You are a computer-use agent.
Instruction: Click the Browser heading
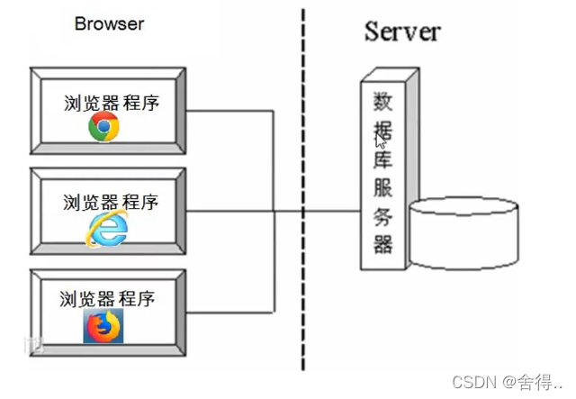[108, 24]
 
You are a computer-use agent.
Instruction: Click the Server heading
[402, 32]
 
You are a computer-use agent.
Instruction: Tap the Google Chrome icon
[103, 128]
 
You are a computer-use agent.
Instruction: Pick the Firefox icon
[103, 326]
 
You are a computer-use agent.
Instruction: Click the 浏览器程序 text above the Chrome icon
[111, 102]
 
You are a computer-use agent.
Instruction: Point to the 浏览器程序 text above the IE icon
[111, 201]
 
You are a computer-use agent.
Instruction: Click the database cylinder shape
[464, 235]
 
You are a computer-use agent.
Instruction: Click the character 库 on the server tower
[383, 161]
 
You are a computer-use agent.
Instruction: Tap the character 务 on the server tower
[383, 216]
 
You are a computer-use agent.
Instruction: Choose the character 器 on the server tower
[383, 244]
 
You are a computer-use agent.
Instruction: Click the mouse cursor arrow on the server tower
[381, 141]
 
